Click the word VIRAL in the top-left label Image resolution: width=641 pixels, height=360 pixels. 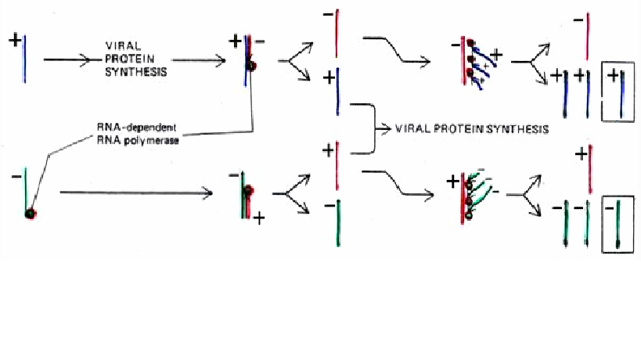(x=119, y=46)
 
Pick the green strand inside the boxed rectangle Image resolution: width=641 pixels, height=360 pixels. (x=618, y=224)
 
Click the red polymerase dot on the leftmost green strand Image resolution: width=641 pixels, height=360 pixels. (x=31, y=213)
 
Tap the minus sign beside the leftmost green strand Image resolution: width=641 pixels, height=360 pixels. (x=15, y=177)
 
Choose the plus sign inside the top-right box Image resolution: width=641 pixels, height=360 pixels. (x=612, y=73)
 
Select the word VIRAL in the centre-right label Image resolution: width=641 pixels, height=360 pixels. (x=414, y=128)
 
